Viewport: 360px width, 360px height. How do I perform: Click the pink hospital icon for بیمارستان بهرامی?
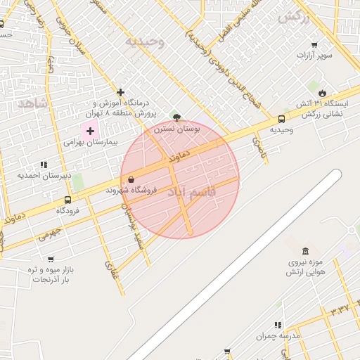(x=90, y=130)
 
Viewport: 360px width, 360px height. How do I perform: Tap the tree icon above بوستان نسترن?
(x=176, y=118)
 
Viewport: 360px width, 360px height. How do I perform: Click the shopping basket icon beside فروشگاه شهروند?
(x=131, y=179)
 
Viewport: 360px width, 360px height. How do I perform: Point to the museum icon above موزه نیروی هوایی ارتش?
(x=305, y=251)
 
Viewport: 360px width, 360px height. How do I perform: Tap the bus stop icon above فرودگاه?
(x=67, y=200)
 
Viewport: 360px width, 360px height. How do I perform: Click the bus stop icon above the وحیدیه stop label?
(x=282, y=119)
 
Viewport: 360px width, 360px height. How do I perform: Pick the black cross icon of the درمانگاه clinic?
(x=121, y=92)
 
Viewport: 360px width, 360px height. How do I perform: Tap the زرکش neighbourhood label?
(x=294, y=18)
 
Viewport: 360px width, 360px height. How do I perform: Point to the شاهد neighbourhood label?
(x=33, y=103)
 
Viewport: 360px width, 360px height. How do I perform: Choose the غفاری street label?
(x=110, y=266)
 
